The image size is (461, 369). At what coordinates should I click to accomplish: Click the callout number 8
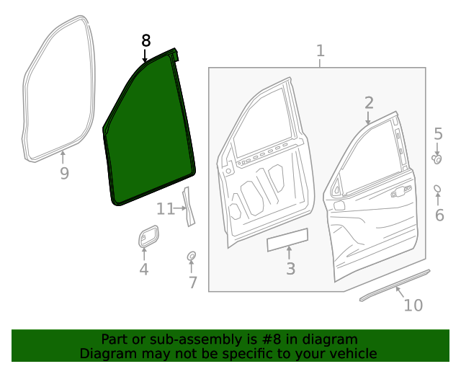146,41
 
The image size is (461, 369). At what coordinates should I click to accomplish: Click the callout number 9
64,174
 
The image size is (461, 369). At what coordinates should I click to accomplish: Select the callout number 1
321,51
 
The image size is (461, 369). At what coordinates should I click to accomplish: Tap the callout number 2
369,102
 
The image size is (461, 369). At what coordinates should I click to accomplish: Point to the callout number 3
290,269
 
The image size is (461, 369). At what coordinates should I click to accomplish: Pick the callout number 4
144,270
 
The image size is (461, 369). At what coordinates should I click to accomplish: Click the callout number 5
438,134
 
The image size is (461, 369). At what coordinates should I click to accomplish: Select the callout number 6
439,215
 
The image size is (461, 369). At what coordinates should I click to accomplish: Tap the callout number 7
192,283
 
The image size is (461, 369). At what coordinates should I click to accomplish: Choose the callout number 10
413,306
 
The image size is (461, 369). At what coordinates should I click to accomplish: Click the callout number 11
166,209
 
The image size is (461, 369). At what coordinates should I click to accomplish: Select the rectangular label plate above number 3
288,240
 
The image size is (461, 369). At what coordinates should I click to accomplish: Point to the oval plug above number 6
437,189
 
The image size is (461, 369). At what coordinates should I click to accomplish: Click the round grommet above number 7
192,256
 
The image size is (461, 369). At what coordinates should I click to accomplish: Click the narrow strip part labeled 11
189,206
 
